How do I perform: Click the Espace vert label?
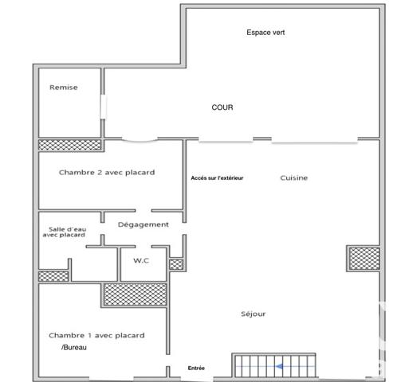pos(265,32)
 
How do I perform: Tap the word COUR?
pos(222,107)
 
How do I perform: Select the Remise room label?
pos(64,88)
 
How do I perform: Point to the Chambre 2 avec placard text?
pos(106,172)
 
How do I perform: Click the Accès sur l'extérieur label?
pos(217,178)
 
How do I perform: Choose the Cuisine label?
pos(293,178)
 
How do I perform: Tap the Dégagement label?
pos(144,224)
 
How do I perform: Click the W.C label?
pos(142,260)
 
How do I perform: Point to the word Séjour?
pos(253,314)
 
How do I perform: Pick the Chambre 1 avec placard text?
pos(96,335)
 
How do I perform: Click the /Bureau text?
pos(75,349)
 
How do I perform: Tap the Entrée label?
pos(196,368)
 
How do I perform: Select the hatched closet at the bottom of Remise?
pos(70,145)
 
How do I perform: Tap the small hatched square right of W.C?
pos(176,264)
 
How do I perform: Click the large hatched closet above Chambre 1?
pos(135,294)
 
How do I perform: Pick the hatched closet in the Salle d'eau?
pos(53,275)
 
